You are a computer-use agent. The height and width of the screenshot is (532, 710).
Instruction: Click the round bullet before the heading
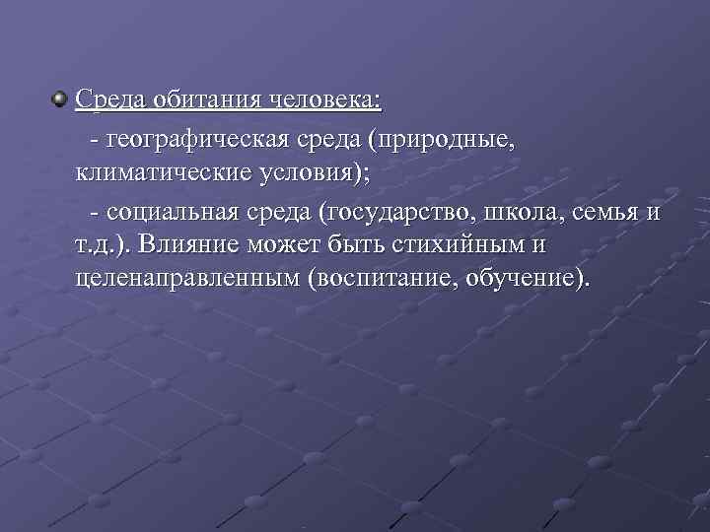pyautogui.click(x=60, y=100)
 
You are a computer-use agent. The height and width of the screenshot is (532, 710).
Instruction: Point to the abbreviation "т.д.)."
pyautogui.click(x=105, y=244)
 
